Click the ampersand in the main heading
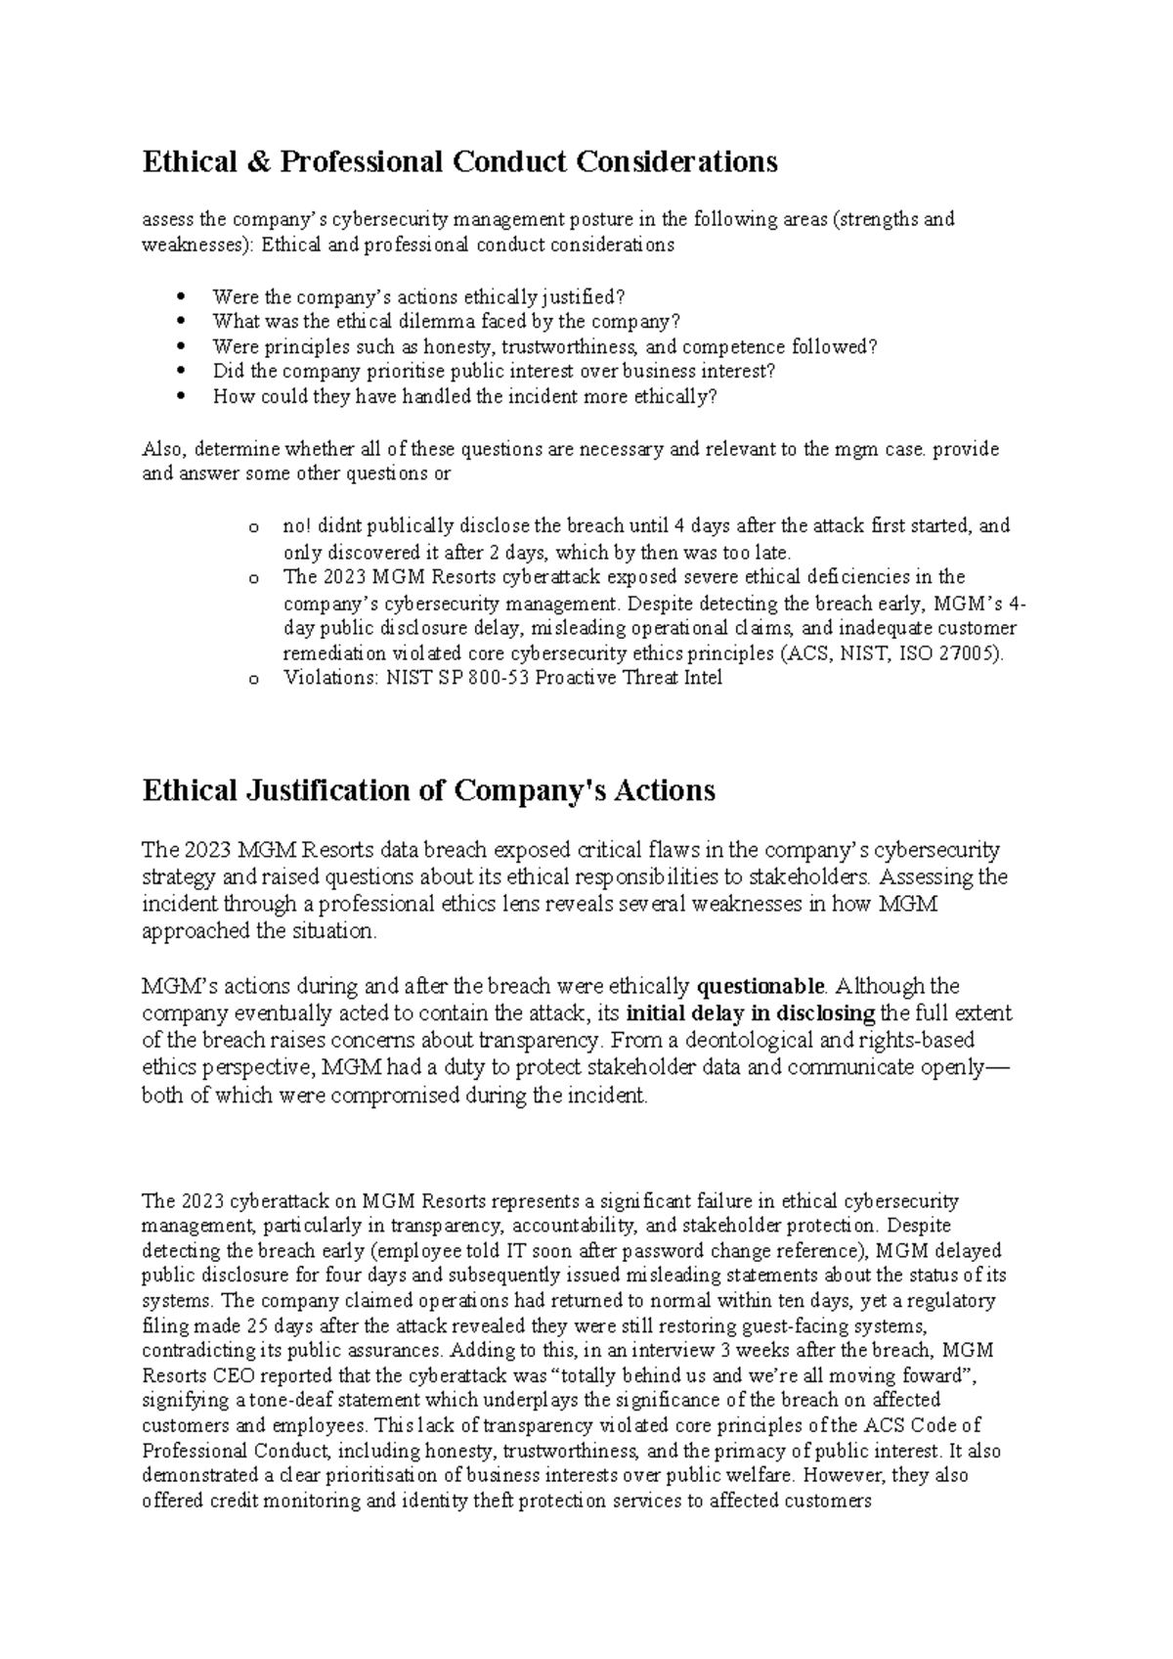pyautogui.click(x=257, y=161)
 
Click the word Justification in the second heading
pyautogui.click(x=328, y=790)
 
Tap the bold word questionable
pyautogui.click(x=760, y=986)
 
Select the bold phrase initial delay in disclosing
pyautogui.click(x=751, y=1013)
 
